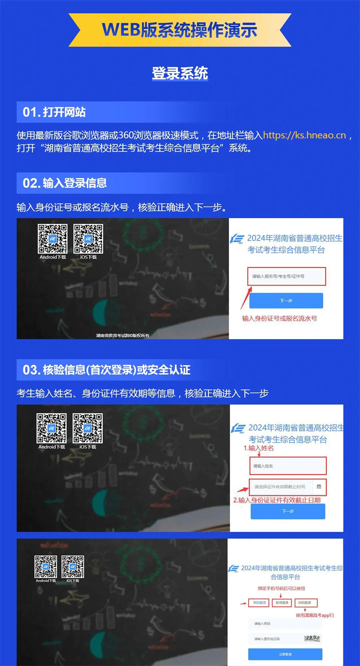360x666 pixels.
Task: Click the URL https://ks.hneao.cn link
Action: (x=305, y=135)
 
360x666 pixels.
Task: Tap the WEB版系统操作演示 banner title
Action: (x=180, y=30)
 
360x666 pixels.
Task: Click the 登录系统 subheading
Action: (x=180, y=73)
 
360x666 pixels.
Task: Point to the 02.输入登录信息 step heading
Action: (x=65, y=183)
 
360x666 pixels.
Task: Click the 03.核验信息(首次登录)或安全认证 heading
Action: (x=107, y=370)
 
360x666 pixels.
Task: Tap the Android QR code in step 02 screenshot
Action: (x=53, y=239)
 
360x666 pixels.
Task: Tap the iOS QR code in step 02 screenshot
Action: (x=88, y=239)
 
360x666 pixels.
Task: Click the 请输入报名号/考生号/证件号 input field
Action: (x=286, y=276)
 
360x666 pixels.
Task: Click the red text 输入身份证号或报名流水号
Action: (x=279, y=318)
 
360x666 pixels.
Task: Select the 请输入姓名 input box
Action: (x=288, y=466)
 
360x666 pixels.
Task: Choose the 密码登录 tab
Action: (x=259, y=603)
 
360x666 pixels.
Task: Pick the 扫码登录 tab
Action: (x=306, y=603)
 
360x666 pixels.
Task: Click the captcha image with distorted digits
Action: (x=311, y=638)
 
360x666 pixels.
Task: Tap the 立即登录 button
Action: (x=285, y=654)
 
